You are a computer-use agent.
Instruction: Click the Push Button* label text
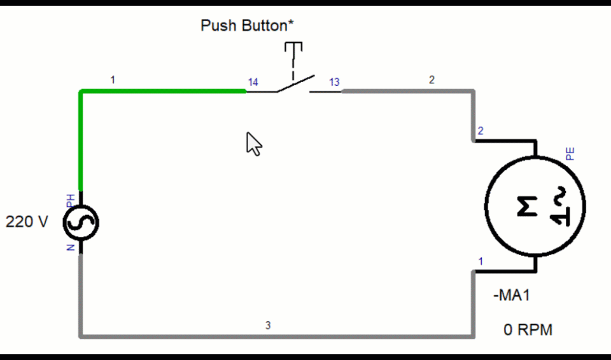248,25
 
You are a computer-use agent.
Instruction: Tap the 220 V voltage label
27,222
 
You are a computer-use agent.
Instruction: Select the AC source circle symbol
81,223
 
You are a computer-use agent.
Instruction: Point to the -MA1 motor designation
511,296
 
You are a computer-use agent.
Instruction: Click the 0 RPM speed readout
528,330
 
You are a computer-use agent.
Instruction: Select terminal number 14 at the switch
253,82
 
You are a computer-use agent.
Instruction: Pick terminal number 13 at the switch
334,82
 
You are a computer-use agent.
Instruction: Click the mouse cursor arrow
253,144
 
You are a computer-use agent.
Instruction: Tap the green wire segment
159,92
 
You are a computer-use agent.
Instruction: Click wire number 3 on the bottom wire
268,326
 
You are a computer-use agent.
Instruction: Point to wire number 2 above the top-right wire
432,80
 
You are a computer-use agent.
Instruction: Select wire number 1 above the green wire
113,80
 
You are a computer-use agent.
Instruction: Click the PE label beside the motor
570,153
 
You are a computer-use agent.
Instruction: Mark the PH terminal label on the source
71,200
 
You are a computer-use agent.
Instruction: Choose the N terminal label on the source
71,246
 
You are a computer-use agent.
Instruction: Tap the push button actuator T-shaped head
293,46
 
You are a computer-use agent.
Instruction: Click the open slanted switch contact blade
295,84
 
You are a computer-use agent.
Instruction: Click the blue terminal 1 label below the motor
481,261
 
